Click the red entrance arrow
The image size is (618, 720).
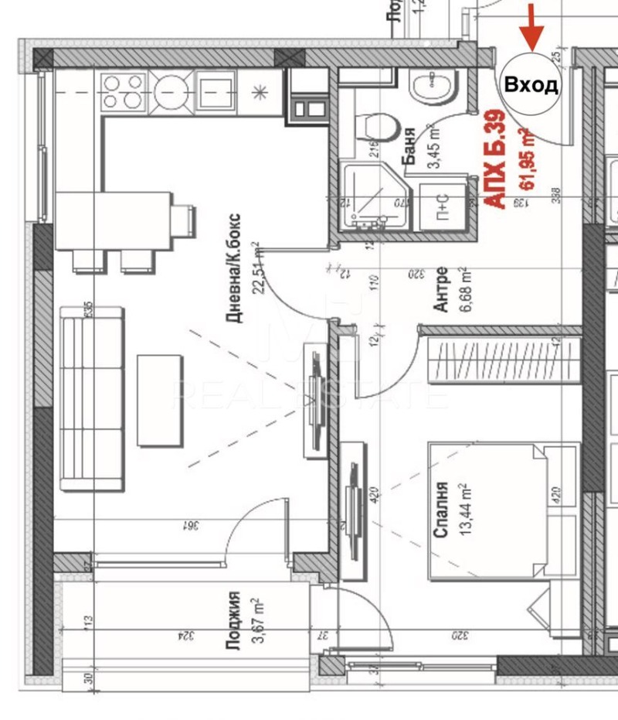[531, 29]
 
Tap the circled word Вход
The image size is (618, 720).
[531, 84]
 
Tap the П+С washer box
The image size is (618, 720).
[443, 204]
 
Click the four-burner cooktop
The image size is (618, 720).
[124, 91]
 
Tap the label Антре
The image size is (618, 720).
[440, 289]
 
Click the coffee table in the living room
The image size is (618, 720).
[159, 401]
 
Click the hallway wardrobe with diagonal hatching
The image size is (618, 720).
[498, 358]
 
